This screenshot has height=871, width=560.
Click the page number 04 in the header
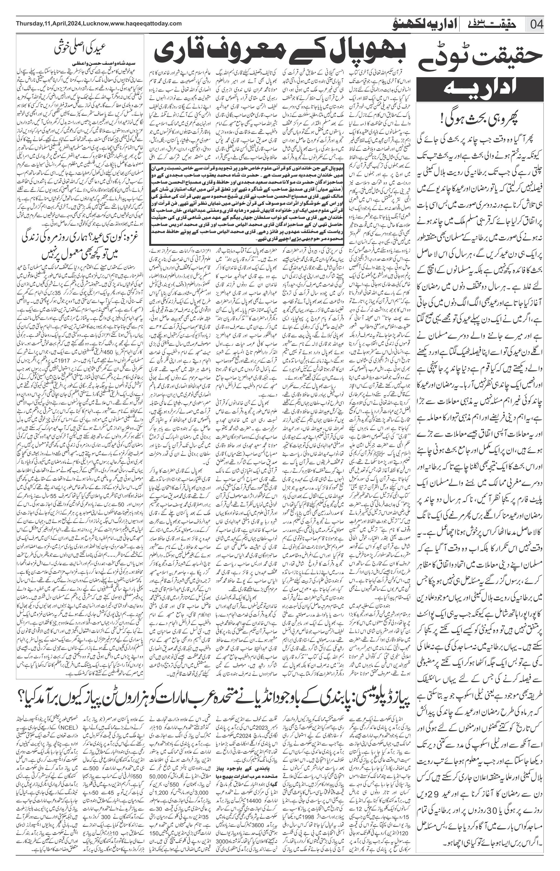point(537,25)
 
